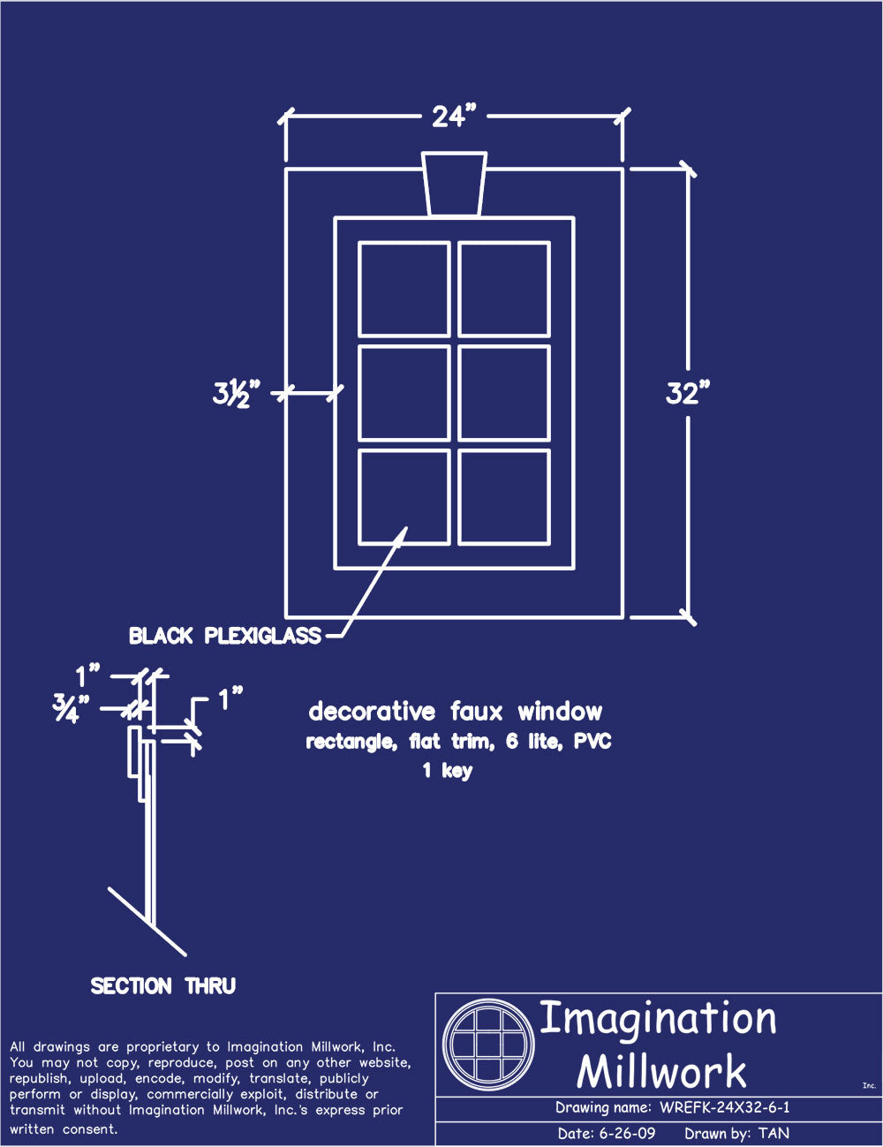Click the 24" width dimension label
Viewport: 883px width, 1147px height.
[454, 117]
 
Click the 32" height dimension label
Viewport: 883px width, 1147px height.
[688, 393]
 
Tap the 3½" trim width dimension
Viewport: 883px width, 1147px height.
[237, 393]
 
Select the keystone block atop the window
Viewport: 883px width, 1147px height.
[454, 185]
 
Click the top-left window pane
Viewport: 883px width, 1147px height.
[404, 290]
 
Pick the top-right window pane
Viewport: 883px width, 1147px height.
[504, 290]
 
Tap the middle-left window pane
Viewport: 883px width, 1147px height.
[404, 393]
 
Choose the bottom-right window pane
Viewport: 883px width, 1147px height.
[504, 497]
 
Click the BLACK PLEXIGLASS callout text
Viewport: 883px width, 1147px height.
[225, 636]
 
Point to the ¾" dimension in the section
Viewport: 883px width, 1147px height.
[71, 708]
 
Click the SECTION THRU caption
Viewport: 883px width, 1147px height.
[163, 986]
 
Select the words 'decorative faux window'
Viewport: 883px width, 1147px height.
[455, 712]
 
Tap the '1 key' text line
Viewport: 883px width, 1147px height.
[448, 771]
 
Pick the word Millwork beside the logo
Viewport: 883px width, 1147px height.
[661, 1070]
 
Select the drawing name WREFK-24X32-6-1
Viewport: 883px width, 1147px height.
[725, 1107]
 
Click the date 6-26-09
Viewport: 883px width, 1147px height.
[627, 1133]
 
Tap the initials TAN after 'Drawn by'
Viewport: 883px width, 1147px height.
[774, 1133]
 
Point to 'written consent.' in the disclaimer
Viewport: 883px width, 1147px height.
[64, 1129]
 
